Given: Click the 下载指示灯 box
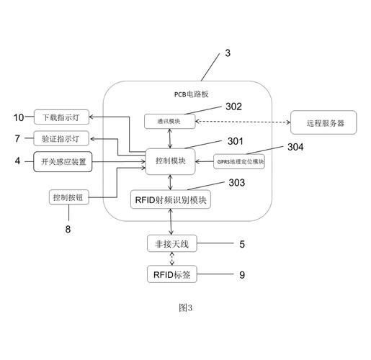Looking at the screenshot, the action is [61, 117].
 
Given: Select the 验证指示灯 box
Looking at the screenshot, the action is [61, 138].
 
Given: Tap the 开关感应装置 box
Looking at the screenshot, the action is [63, 161].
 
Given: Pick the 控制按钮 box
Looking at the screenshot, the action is [69, 197].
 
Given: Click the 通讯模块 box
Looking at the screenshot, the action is [169, 122].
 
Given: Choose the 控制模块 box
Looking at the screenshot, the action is [170, 161].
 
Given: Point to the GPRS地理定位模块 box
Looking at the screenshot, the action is [239, 161].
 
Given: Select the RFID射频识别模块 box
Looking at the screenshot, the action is [171, 199].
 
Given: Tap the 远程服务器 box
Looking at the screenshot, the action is [323, 122].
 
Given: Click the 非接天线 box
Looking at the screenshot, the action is [172, 243].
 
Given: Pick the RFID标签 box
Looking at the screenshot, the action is [172, 274].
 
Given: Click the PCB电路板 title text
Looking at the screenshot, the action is [191, 94].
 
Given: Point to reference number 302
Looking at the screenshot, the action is [233, 107].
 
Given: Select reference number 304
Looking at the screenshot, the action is [295, 147].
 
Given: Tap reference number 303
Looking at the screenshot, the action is [237, 183].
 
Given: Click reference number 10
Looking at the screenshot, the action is [19, 117].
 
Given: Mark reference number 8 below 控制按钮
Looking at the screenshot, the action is [68, 229].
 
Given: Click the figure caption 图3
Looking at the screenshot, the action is [185, 307].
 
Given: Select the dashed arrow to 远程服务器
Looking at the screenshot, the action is [243, 122].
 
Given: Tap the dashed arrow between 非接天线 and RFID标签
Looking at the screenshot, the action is [172, 258].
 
